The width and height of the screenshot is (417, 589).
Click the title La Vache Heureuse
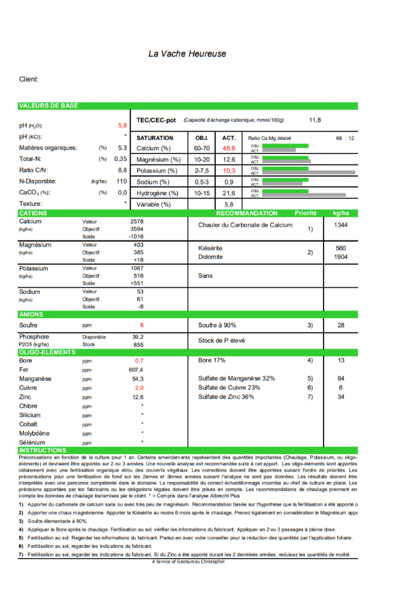tap(187, 54)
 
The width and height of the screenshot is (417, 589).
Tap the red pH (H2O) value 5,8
tap(122, 126)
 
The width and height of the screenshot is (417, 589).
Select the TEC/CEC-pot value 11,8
tap(315, 120)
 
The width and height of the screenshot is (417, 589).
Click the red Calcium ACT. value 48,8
tap(229, 148)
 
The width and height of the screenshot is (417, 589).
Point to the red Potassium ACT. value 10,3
tap(229, 171)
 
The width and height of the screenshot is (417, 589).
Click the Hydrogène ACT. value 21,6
tap(229, 193)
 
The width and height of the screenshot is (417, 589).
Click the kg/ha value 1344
tap(341, 225)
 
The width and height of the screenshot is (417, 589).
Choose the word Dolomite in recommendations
tap(210, 257)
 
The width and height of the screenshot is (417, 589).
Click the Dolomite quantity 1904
tap(341, 257)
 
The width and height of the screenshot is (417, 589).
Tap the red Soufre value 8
tap(142, 325)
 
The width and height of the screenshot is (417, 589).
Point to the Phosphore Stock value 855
tap(138, 344)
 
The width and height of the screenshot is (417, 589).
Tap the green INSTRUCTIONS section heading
tap(43, 450)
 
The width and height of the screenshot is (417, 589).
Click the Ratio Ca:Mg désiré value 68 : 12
tap(345, 138)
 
